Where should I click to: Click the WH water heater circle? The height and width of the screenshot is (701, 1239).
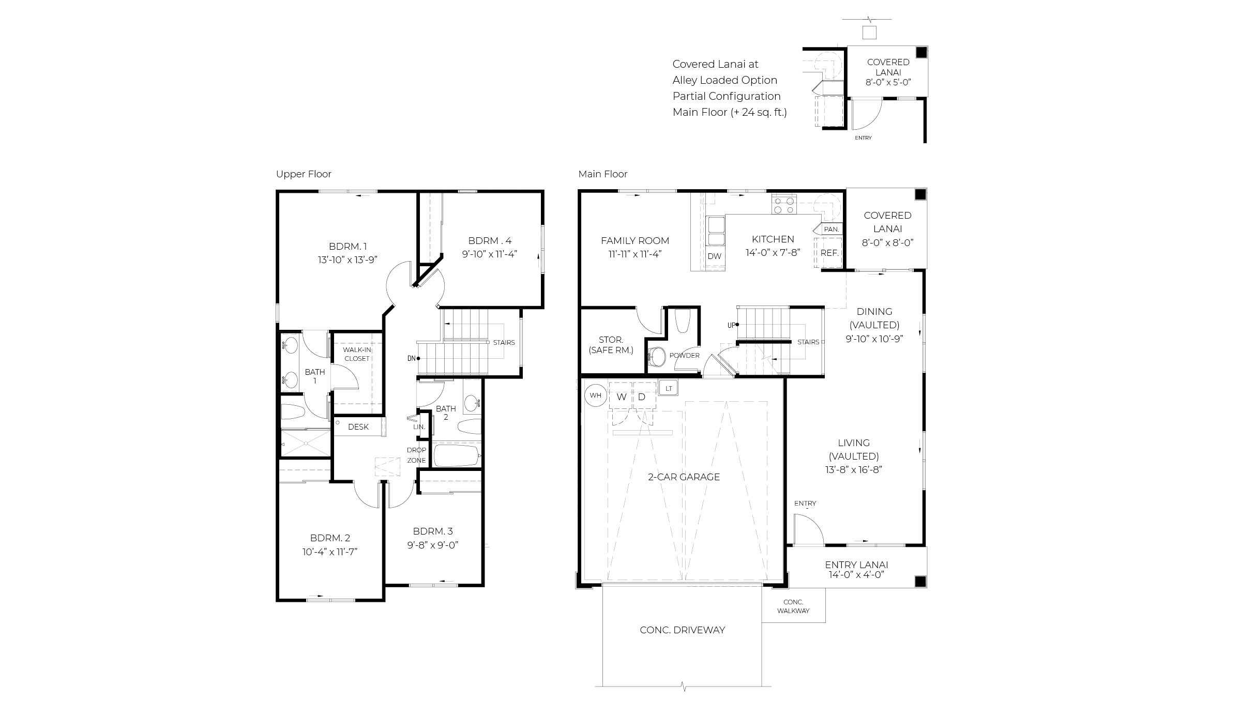[595, 396]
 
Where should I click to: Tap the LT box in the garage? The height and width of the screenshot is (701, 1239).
[669, 388]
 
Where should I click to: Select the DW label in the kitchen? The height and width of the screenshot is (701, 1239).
[714, 256]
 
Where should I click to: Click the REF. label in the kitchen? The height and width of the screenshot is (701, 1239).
[829, 253]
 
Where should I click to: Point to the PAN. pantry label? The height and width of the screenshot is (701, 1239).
[832, 229]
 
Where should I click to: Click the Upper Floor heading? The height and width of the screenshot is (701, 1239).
[304, 174]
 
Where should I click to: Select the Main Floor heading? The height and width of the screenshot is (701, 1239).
[602, 174]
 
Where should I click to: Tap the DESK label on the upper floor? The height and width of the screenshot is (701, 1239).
[358, 427]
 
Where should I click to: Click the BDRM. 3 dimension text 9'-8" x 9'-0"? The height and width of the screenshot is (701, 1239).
[433, 545]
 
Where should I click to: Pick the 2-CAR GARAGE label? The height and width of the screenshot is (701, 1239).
[684, 477]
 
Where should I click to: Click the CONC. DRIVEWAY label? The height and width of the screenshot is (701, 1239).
[682, 630]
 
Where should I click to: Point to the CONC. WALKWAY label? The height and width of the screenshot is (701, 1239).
[793, 606]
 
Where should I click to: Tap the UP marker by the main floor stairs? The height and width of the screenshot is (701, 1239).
[732, 325]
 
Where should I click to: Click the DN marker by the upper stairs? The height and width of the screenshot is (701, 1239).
[412, 358]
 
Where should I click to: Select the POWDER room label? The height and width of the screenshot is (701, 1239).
[684, 356]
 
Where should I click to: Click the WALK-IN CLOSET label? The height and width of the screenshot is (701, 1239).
[357, 354]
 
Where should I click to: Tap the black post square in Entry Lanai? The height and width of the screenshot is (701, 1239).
[920, 581]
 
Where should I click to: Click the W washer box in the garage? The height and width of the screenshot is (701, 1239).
[622, 397]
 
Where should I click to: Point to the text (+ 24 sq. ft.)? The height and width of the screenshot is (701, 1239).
[758, 112]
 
